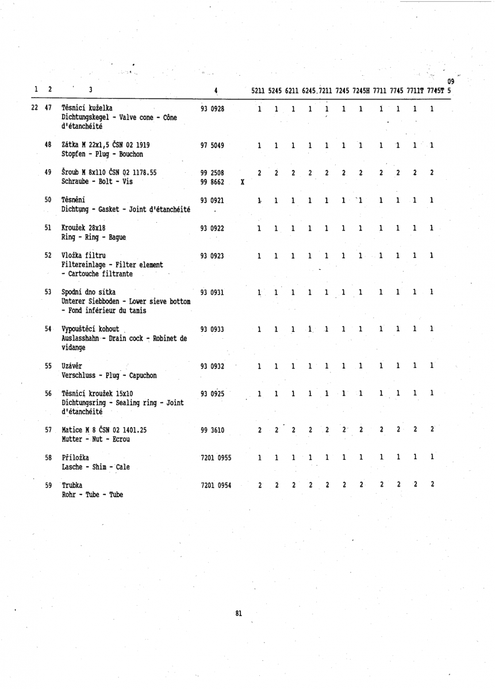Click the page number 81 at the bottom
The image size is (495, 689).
tap(239, 614)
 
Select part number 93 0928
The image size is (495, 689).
tap(212, 109)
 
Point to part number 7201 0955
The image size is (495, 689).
tap(216, 458)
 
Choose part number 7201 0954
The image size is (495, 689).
tap(216, 485)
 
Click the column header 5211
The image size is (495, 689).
tap(260, 90)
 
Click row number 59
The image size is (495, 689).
tap(49, 485)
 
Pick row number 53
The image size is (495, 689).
tap(49, 293)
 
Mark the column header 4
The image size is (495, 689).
tap(214, 90)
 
